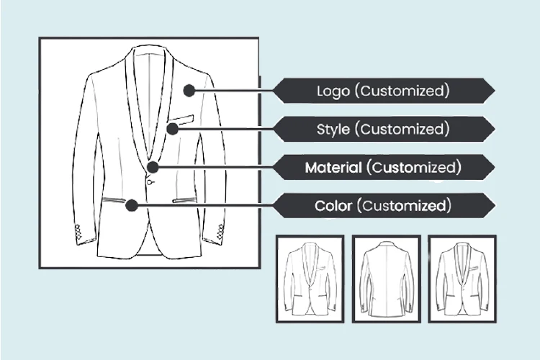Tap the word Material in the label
click(333, 168)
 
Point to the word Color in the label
click(334, 206)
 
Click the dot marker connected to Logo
click(189, 91)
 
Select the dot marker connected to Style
click(172, 129)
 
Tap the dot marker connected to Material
click(153, 167)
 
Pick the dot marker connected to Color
click(131, 205)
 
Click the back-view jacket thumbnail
click(386, 279)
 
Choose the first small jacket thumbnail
click(310, 279)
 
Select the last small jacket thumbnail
click(462, 279)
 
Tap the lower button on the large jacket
click(150, 182)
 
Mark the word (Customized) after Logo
click(404, 91)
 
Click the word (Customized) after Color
click(406, 206)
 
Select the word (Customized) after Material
click(413, 168)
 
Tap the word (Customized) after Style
click(404, 130)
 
